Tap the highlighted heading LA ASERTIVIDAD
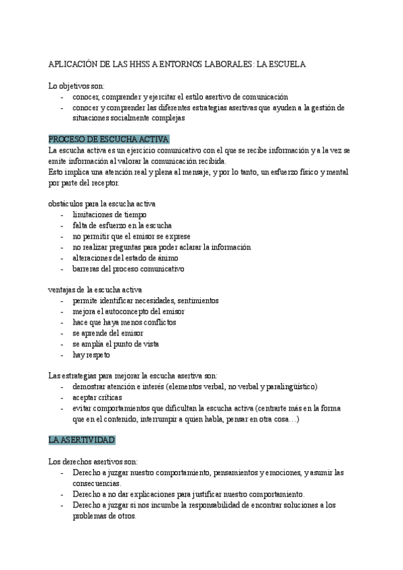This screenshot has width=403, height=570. [82, 440]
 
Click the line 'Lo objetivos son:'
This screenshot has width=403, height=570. [77, 86]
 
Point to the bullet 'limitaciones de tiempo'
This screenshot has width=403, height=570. [109, 214]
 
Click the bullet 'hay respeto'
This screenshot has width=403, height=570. [91, 354]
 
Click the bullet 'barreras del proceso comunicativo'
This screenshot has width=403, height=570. [128, 268]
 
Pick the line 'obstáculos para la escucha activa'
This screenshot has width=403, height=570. [103, 204]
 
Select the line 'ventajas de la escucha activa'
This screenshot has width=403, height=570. [95, 290]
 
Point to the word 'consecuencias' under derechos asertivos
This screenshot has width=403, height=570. [97, 483]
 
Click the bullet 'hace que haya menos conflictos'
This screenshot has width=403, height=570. [120, 322]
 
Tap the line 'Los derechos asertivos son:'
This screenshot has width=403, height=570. [93, 462]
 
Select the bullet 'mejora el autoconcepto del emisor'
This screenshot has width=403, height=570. [128, 311]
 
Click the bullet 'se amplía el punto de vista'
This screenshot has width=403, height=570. [116, 343]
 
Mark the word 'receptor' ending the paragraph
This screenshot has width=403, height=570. [103, 182]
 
